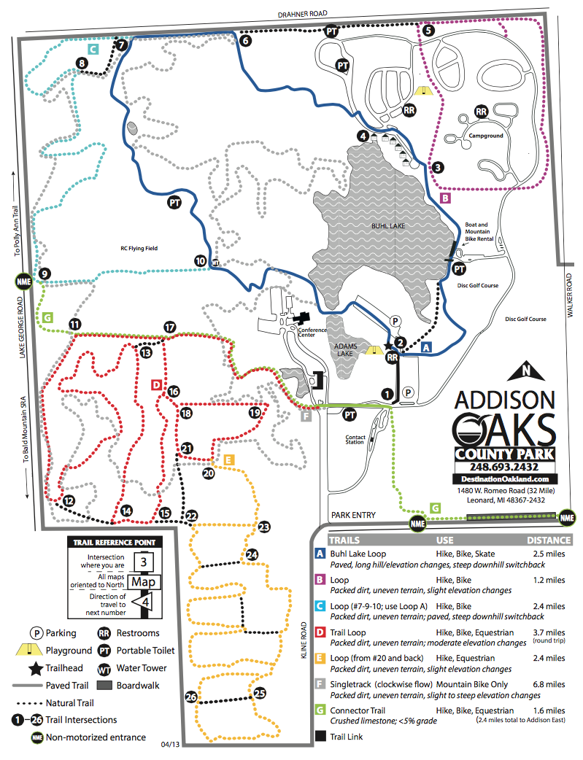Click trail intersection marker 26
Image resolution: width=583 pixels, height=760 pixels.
click(191, 697)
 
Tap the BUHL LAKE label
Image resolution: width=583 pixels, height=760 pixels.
click(387, 226)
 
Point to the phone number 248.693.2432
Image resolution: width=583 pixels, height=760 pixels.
click(504, 467)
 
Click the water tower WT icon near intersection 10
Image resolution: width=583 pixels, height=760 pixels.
click(215, 263)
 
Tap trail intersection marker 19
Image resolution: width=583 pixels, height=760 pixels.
click(255, 413)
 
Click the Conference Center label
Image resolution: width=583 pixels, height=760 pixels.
click(312, 333)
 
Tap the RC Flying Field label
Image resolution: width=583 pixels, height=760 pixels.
click(139, 248)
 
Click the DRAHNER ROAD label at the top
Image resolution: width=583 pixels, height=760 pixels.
click(301, 13)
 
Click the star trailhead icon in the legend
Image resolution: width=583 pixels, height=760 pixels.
click(34, 668)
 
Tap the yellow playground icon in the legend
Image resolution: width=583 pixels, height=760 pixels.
click(34, 651)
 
